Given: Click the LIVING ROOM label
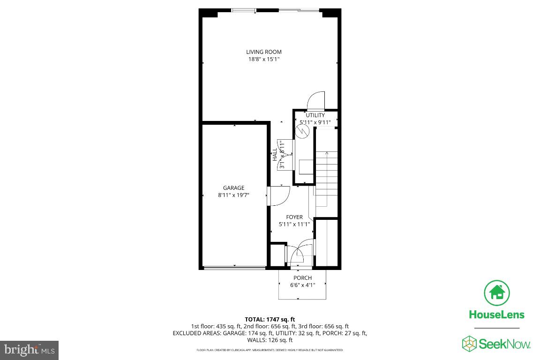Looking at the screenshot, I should (x=264, y=52).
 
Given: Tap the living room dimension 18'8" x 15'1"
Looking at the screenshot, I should (x=264, y=60).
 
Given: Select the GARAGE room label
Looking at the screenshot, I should (x=233, y=188).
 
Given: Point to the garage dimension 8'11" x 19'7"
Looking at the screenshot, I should (x=233, y=195).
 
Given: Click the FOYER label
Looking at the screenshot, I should (x=294, y=217).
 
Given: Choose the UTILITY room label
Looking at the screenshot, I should (x=315, y=115).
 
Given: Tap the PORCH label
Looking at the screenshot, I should (x=302, y=278).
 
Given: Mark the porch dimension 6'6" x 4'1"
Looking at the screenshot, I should (x=302, y=285).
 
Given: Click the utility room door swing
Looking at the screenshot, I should (x=315, y=100).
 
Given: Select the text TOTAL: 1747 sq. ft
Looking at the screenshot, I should (x=270, y=319).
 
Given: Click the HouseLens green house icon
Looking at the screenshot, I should (x=497, y=293).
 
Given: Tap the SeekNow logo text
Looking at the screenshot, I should (x=504, y=345).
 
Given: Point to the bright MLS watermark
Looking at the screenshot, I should (x=29, y=350).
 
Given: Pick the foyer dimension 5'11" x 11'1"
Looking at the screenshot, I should (x=294, y=224).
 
